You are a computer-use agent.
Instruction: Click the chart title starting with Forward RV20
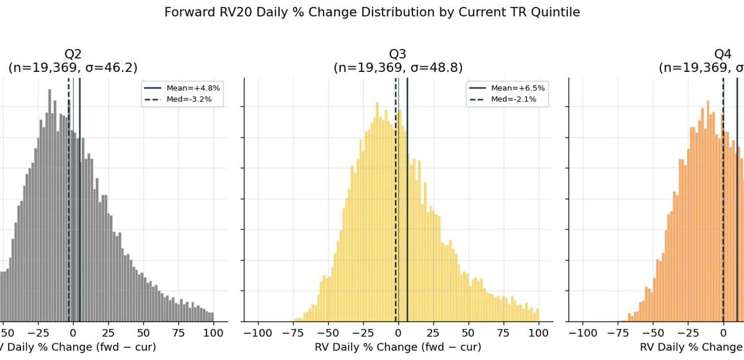pos(372,12)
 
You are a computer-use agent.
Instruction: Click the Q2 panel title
pos(73,54)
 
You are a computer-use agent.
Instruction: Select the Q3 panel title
pos(398,54)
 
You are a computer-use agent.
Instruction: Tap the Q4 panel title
pos(723,54)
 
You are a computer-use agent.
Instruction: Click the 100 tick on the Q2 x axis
pos(213,333)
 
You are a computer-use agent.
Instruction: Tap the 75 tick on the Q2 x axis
pos(179,333)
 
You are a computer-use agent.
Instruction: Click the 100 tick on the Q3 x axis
pos(539,333)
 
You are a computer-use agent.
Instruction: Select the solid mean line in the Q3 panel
pos(407,217)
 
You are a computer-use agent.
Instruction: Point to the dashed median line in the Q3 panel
pos(396,217)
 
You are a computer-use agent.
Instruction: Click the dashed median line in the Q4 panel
pos(723,217)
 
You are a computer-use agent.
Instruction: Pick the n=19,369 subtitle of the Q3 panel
pos(398,68)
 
